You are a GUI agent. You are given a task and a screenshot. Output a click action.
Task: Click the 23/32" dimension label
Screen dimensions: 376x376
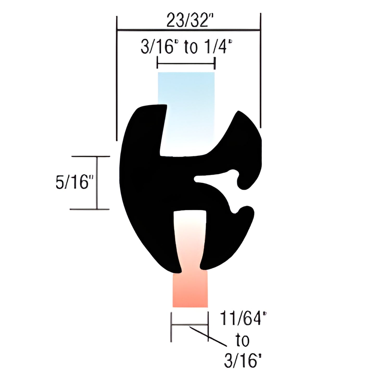tap(188, 21)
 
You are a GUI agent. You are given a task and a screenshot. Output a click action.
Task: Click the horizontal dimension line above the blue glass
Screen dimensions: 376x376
tap(186, 63)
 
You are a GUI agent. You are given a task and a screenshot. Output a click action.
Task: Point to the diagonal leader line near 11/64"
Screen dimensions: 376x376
tap(208, 336)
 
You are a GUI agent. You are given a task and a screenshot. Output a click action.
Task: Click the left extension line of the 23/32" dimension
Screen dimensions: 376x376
tap(117, 78)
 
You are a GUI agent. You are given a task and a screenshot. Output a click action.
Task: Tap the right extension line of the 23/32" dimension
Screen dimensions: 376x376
tap(260, 70)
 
